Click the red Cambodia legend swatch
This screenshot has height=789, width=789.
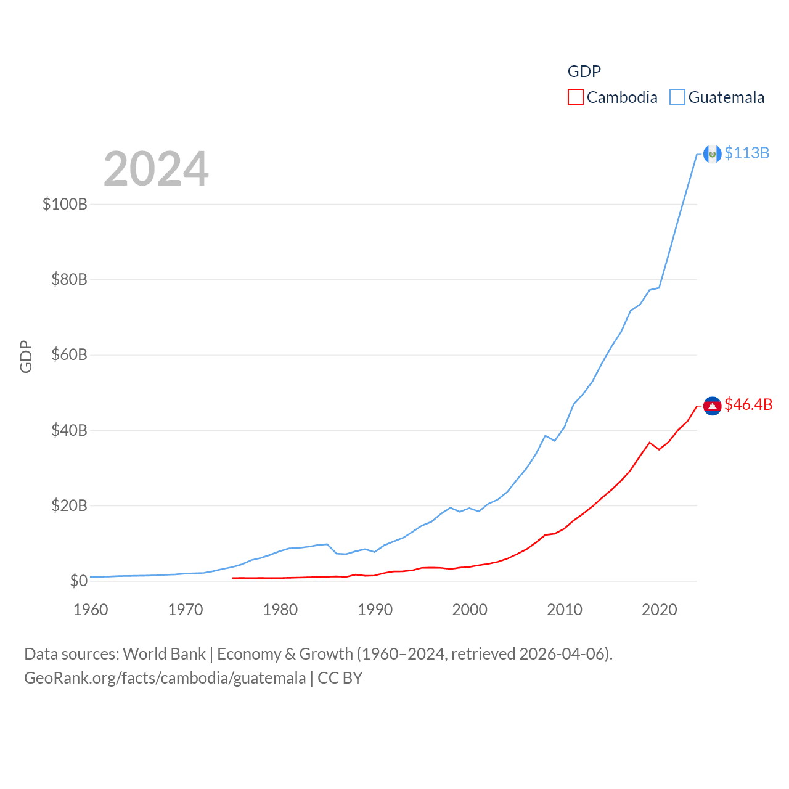click(x=575, y=97)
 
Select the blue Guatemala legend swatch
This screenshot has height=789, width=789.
click(x=677, y=97)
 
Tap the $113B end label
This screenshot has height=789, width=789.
click(x=746, y=153)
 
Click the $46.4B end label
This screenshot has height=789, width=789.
click(x=748, y=404)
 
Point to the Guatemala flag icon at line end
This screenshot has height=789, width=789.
click(x=713, y=154)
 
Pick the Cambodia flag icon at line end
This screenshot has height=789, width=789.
click(x=713, y=406)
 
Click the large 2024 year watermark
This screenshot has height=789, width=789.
click(x=156, y=169)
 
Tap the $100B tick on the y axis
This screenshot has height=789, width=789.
click(x=65, y=204)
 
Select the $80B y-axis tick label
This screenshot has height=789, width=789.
click(x=69, y=280)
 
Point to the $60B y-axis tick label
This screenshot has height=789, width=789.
click(x=69, y=355)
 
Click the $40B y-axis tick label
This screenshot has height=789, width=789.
click(x=69, y=430)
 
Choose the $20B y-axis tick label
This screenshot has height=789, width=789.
click(x=69, y=506)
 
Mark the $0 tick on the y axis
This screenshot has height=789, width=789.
click(x=78, y=581)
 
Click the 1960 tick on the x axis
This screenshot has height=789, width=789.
click(x=91, y=610)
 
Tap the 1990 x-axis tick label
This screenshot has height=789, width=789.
click(x=375, y=610)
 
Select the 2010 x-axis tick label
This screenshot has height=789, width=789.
click(x=565, y=610)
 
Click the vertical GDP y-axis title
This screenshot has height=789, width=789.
click(x=26, y=356)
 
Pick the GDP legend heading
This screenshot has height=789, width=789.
click(x=584, y=72)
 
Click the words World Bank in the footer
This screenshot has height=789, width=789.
click(x=164, y=653)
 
